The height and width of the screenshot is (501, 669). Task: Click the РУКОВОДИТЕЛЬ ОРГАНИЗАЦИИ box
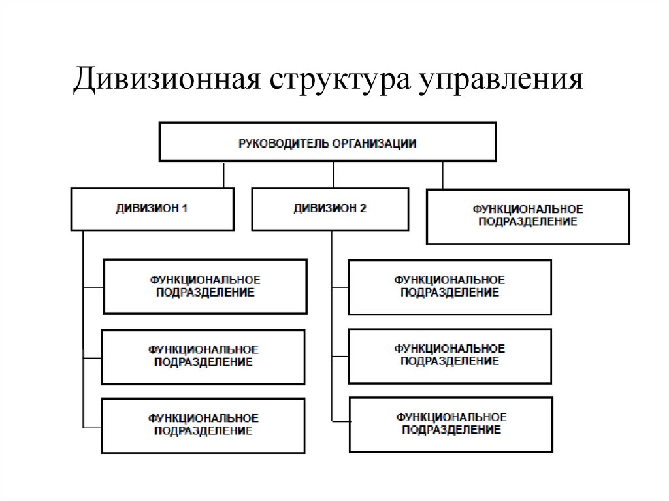(327, 142)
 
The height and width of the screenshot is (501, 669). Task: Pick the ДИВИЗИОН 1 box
(152, 209)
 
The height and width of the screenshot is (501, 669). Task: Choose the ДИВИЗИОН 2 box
(330, 209)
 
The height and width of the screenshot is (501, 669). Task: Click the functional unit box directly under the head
(528, 216)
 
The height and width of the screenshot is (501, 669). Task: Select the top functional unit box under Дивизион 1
(204, 286)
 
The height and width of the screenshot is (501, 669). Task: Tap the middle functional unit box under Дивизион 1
(203, 357)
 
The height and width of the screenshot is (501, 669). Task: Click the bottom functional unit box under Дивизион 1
(203, 425)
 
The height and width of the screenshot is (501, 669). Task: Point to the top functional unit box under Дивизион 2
(449, 287)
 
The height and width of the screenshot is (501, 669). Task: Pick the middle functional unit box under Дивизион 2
(449, 355)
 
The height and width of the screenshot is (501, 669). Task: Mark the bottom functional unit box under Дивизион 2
(451, 425)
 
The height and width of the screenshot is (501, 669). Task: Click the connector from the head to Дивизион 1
(224, 174)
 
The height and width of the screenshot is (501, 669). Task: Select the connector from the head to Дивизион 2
(334, 174)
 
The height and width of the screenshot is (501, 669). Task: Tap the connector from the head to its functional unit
(443, 175)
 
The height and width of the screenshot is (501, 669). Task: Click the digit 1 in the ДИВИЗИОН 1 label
(185, 209)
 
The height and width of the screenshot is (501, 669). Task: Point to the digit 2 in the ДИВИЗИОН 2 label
(363, 209)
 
